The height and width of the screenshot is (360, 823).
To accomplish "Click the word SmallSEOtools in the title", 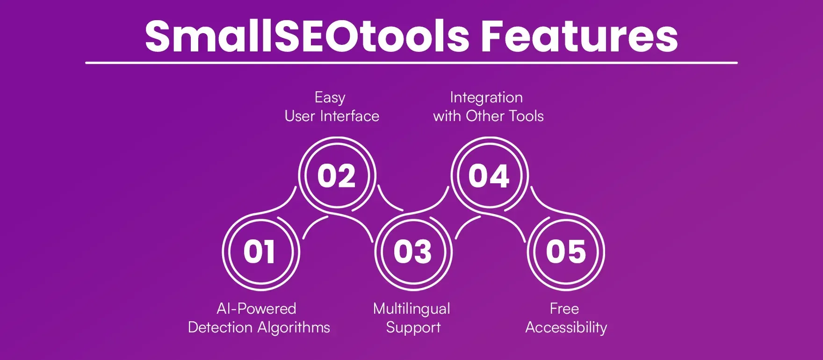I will (x=306, y=36).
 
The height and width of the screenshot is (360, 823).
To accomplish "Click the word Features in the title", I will (x=579, y=36).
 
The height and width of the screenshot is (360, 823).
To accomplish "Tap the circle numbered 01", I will (x=260, y=252).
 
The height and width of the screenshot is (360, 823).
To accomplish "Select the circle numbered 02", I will (x=337, y=176).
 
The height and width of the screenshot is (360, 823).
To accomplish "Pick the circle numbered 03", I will (x=412, y=252).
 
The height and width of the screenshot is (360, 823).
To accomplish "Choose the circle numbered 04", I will (x=489, y=176).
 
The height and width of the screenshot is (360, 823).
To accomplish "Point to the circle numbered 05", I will (x=566, y=252).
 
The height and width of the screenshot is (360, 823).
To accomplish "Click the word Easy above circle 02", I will (x=330, y=98).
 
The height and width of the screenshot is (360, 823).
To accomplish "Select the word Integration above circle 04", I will (x=486, y=97).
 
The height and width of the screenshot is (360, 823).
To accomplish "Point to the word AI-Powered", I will (x=256, y=309).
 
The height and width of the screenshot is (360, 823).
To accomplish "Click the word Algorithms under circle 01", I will (x=295, y=327).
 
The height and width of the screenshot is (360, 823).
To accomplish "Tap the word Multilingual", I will (x=411, y=309).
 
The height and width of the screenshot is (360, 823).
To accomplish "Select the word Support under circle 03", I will (x=413, y=328).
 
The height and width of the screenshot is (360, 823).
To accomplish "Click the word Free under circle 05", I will (x=564, y=309).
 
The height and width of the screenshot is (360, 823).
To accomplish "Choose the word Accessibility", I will (x=566, y=327).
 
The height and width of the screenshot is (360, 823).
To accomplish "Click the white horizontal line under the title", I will (x=411, y=63).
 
